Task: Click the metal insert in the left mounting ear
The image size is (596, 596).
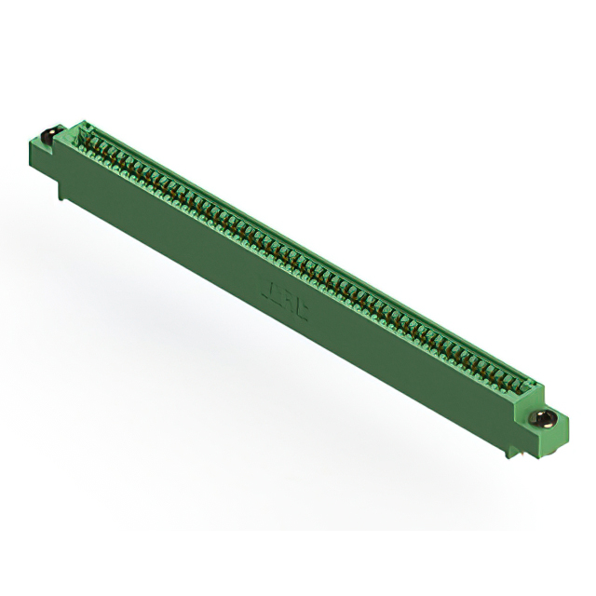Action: (49, 133)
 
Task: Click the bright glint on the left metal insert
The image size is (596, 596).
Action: (47, 131)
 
